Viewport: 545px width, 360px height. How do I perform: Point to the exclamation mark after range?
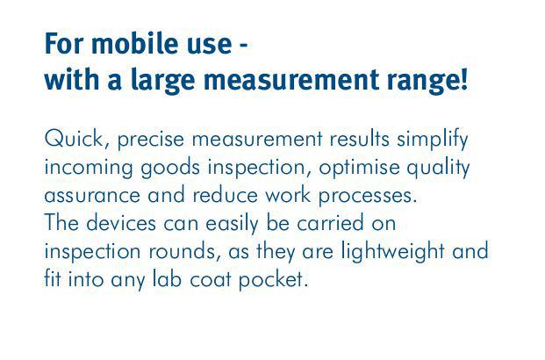(463, 79)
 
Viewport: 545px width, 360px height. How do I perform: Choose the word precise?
(150, 140)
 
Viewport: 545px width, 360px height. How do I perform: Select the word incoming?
(89, 169)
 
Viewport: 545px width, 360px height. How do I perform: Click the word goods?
(170, 169)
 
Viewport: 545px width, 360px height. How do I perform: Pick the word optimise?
(359, 169)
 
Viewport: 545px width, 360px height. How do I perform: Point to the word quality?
(438, 169)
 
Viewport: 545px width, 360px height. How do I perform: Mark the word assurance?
(92, 196)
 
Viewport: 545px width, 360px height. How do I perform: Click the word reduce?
(225, 195)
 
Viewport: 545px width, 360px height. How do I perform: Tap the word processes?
(368, 197)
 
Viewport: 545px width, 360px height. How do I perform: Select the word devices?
(121, 223)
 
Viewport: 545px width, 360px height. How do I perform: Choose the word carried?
(330, 224)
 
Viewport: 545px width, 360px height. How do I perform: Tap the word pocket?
(273, 281)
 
